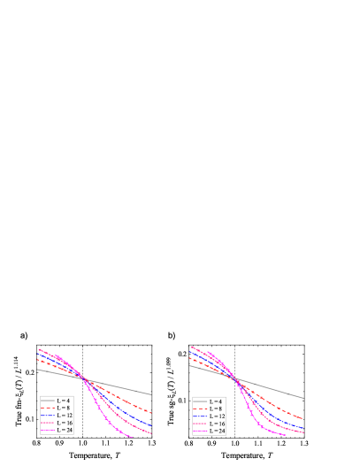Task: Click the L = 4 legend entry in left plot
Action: [55, 401]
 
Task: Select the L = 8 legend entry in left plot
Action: [55, 409]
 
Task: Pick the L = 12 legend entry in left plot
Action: [55, 416]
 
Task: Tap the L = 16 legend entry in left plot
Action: [55, 424]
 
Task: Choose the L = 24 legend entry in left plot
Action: [55, 431]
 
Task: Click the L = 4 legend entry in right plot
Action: [207, 401]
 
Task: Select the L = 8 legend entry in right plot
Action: [207, 409]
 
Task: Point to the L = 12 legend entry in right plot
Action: [207, 416]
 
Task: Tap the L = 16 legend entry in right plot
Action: [207, 424]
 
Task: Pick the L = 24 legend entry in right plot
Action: [207, 431]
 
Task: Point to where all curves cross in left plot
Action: [82, 378]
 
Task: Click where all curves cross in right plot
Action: [234, 378]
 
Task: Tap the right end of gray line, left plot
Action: [151, 394]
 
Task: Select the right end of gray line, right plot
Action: [303, 398]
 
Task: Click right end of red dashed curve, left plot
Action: [151, 412]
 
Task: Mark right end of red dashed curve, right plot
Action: [303, 418]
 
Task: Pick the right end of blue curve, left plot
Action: [151, 425]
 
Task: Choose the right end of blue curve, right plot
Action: [303, 428]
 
